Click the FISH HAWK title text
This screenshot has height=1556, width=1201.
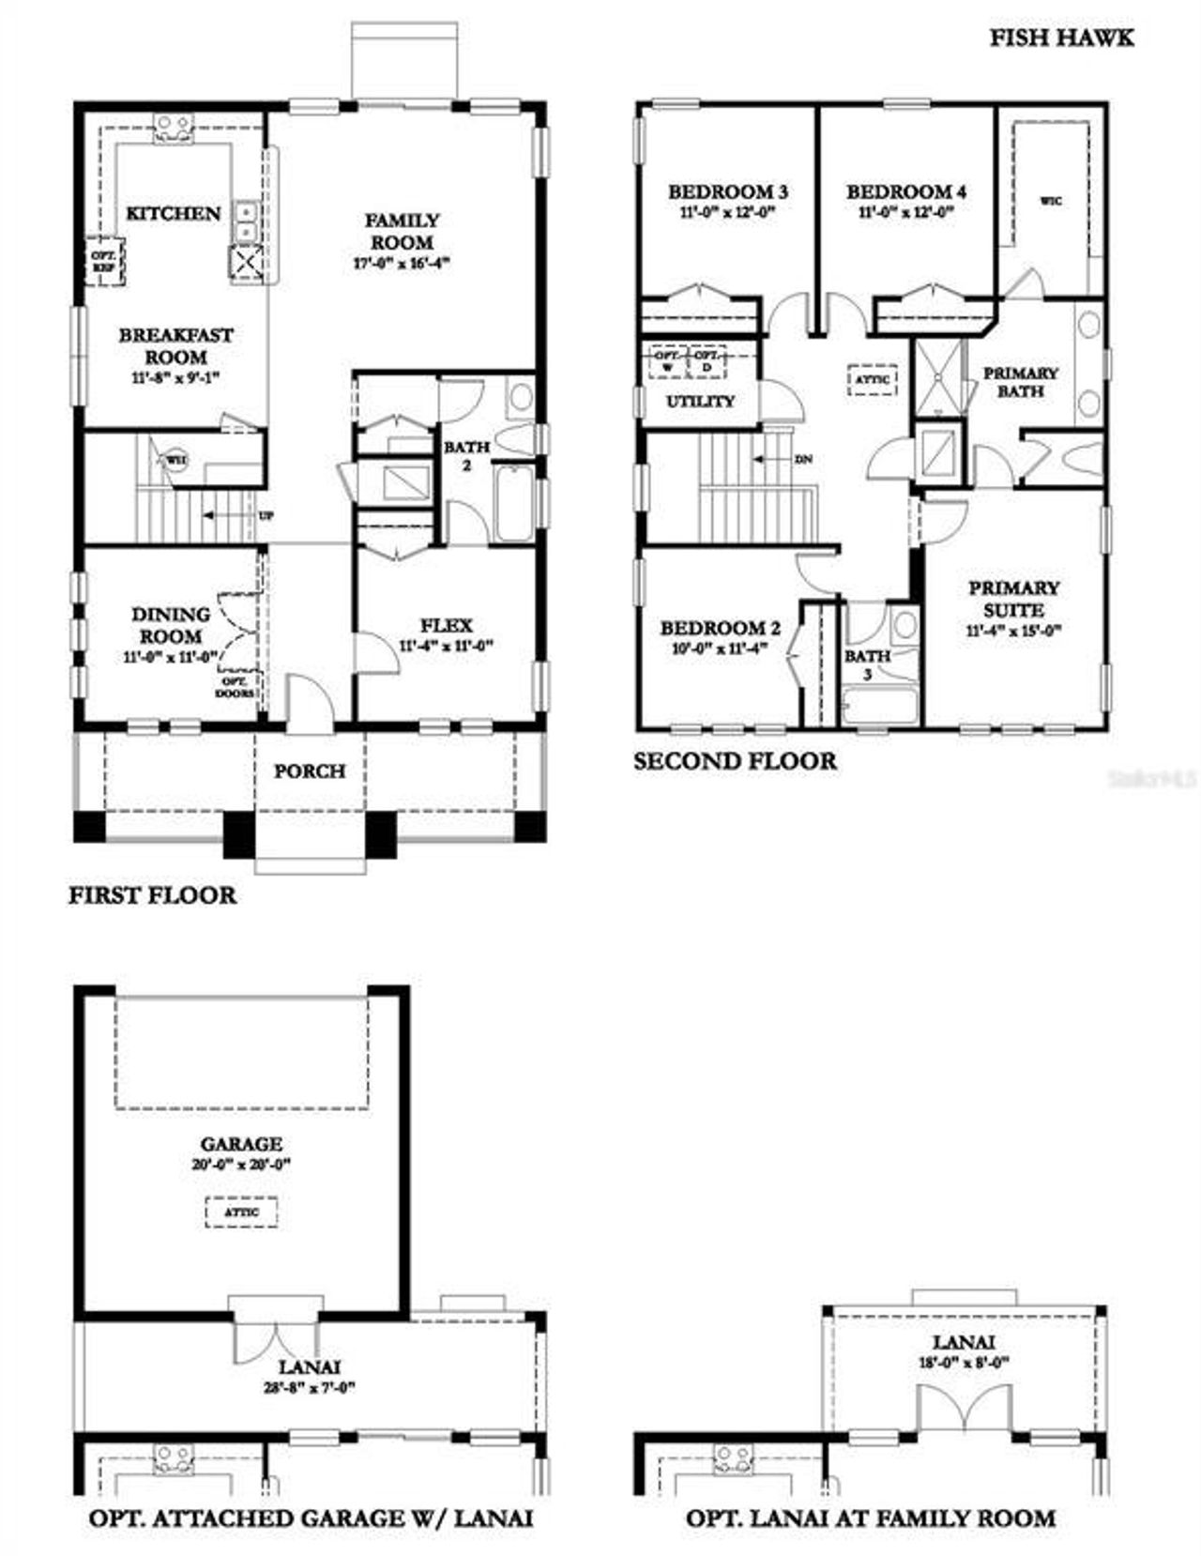[x=1061, y=38]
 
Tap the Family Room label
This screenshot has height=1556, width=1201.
[x=402, y=231]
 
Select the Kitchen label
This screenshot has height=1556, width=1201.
[x=174, y=214]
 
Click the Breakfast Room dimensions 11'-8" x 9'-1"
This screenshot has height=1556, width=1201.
[x=176, y=377]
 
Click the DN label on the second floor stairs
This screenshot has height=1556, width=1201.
[x=803, y=460]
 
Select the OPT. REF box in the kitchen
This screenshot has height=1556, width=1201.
[x=104, y=261]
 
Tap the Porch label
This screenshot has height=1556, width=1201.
[x=310, y=771]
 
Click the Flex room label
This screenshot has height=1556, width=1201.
[x=446, y=625]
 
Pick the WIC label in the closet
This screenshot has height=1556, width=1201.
[x=1052, y=201]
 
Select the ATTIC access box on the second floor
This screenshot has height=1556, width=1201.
[x=873, y=380]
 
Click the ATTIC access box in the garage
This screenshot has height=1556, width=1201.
[x=241, y=1212]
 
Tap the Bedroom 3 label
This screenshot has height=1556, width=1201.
[x=727, y=191]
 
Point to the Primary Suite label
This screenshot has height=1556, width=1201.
[x=1014, y=599]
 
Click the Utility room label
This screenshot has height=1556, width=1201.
[x=700, y=402]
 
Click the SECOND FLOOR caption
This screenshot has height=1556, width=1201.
[x=735, y=761]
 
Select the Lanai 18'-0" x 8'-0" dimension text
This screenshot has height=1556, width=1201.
[x=963, y=1364]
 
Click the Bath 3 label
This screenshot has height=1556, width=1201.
[x=867, y=664]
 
